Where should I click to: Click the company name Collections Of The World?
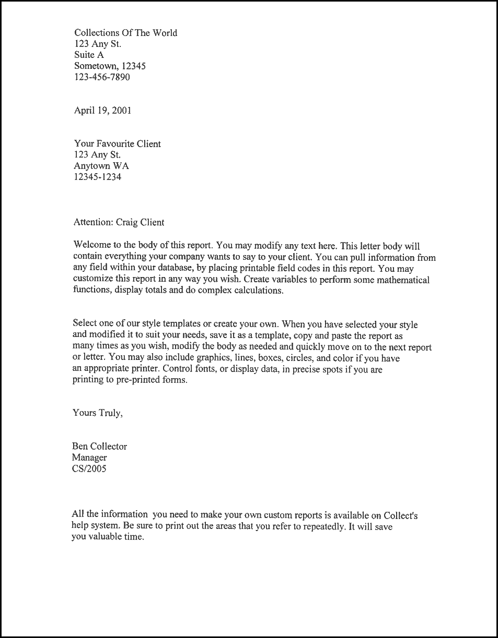click(x=125, y=33)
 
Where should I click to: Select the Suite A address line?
click(x=89, y=55)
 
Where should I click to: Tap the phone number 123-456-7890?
click(x=102, y=77)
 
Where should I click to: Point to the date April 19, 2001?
click(x=102, y=110)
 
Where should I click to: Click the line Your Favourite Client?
click(x=117, y=143)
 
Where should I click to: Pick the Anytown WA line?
click(x=101, y=166)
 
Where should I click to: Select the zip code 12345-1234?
click(x=98, y=177)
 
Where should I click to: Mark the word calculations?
click(x=256, y=291)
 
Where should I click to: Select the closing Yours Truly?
click(x=97, y=413)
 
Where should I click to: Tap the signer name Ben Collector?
click(x=99, y=446)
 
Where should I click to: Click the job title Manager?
click(x=89, y=458)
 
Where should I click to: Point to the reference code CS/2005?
click(x=89, y=468)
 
